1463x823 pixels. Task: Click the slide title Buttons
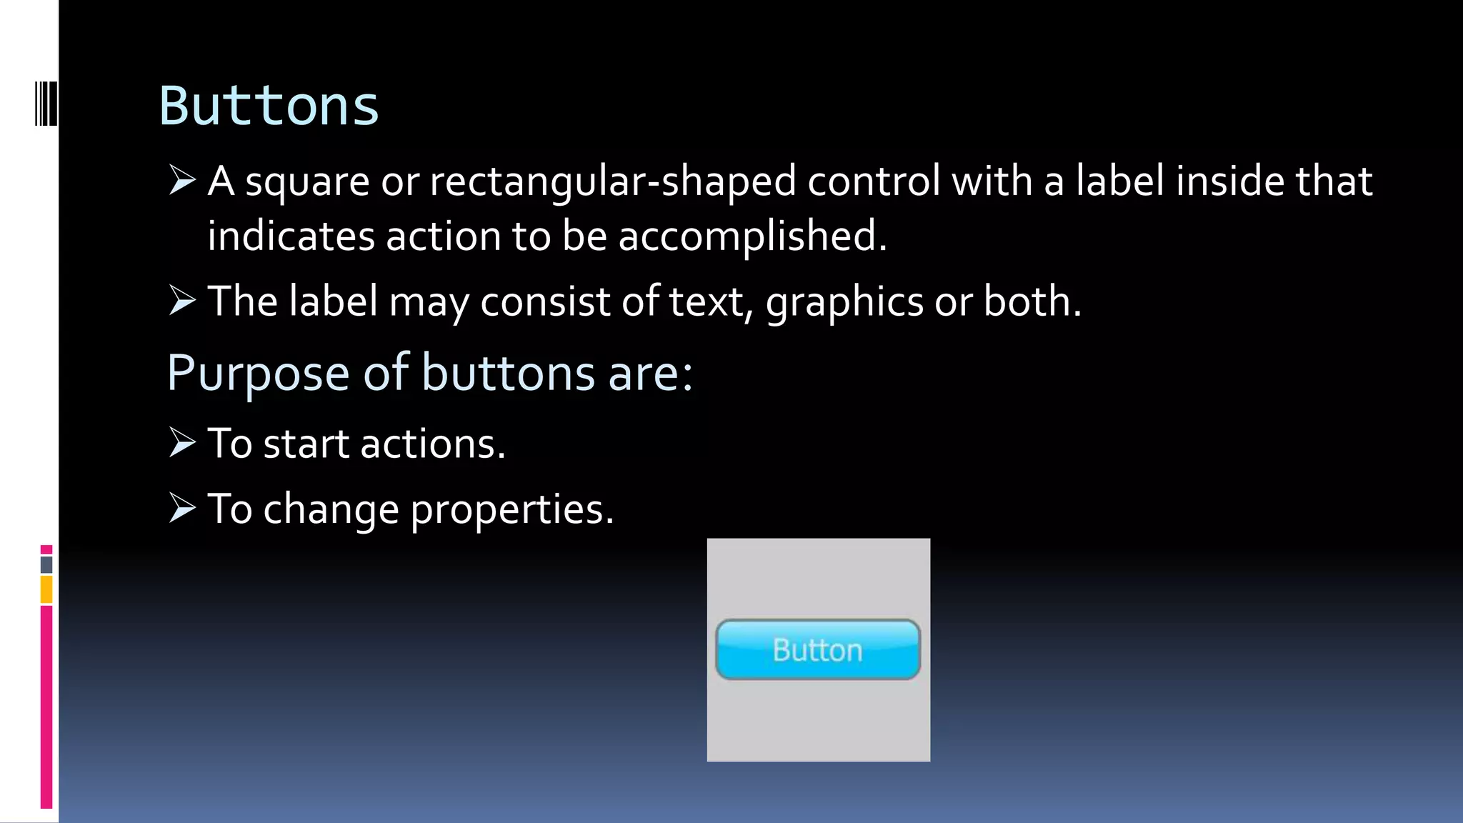[x=268, y=106]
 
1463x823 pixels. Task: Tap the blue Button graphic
[x=818, y=649]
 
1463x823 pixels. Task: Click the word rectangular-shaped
[x=612, y=181]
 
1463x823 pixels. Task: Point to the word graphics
[x=844, y=302]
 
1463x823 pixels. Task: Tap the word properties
[x=511, y=510]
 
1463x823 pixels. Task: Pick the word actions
[x=432, y=444]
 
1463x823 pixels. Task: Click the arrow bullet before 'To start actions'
[x=182, y=442]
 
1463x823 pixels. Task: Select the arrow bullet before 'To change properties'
[x=182, y=508]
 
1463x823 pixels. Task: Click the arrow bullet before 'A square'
[x=182, y=179]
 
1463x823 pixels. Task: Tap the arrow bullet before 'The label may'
[x=182, y=300]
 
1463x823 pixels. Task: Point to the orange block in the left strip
[x=46, y=590]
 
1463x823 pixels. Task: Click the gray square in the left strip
[x=46, y=564]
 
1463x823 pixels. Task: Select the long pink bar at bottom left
[x=46, y=707]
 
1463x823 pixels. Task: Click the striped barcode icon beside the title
[x=46, y=104]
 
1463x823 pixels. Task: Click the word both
[x=1032, y=301]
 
